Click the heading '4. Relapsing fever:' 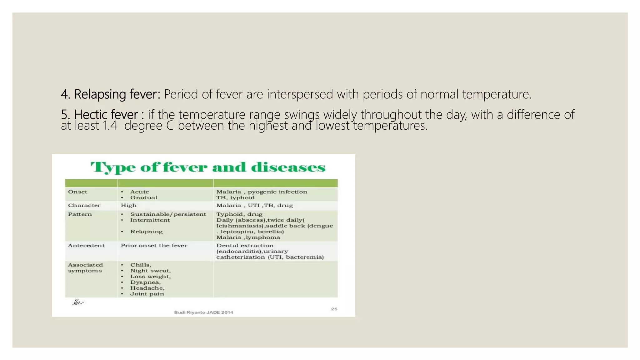coord(110,94)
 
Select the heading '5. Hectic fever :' coord(102,115)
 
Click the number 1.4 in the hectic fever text coord(110,126)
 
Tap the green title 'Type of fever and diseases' coord(208,167)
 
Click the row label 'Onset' coord(77,192)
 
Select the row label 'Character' coord(84,205)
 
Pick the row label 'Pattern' coord(80,214)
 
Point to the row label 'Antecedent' coord(86,246)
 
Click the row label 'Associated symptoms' coord(85,268)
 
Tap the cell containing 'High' coord(129,205)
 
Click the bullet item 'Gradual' coord(144,197)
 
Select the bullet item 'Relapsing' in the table coord(146,232)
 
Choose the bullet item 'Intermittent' coord(150,220)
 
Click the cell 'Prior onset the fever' coord(154,246)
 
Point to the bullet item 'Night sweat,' coord(150,271)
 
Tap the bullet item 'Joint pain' coord(147,294)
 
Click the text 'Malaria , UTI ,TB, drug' coord(255,205)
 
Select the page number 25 coord(334,309)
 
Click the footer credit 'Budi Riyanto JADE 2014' coord(203,312)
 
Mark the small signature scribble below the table coord(77,302)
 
